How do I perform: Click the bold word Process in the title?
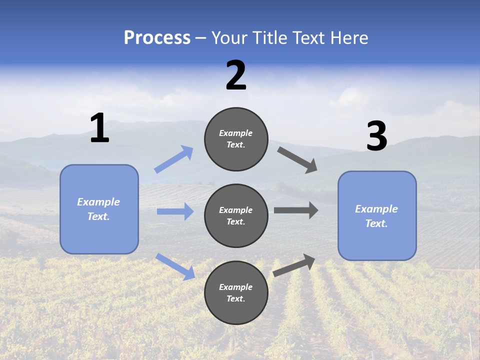click(x=157, y=38)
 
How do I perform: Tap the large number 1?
click(x=99, y=128)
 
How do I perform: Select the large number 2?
click(x=236, y=75)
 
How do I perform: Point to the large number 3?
click(x=376, y=136)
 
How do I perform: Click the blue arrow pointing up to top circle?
click(x=174, y=159)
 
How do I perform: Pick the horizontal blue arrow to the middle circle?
click(x=175, y=211)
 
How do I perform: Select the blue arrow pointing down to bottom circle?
click(x=175, y=266)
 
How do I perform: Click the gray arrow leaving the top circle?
click(x=297, y=160)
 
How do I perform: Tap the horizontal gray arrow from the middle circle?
click(x=296, y=210)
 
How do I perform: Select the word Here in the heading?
click(x=349, y=38)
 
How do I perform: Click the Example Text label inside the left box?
click(x=98, y=209)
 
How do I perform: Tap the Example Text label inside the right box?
click(x=376, y=216)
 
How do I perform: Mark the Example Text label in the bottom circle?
click(x=236, y=292)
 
